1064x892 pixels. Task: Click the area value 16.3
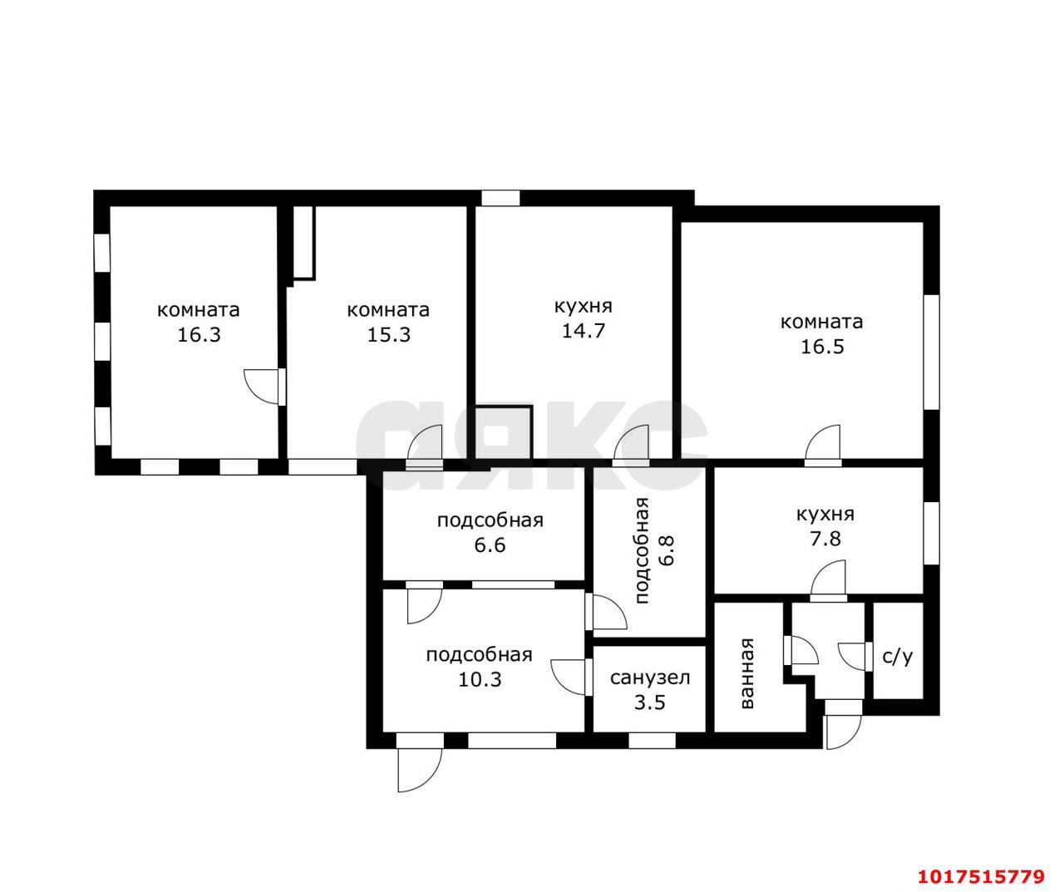pyautogui.click(x=199, y=335)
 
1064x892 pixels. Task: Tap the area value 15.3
pyautogui.click(x=389, y=335)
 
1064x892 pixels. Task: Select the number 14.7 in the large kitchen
pyautogui.click(x=583, y=331)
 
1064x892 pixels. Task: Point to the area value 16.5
pyautogui.click(x=822, y=347)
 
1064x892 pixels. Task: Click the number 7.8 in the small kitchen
pyautogui.click(x=825, y=539)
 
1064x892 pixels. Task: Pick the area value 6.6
pyautogui.click(x=490, y=545)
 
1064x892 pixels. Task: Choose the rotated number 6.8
pyautogui.click(x=667, y=550)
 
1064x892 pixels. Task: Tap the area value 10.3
pyautogui.click(x=480, y=679)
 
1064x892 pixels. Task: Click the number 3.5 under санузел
pyautogui.click(x=650, y=702)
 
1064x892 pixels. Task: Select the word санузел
pyautogui.click(x=650, y=678)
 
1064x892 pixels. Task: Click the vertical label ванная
pyautogui.click(x=746, y=673)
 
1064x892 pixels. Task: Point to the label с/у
pyautogui.click(x=898, y=658)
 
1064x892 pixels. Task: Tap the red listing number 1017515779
pyautogui.click(x=981, y=862)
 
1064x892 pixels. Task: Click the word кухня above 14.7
pyautogui.click(x=583, y=307)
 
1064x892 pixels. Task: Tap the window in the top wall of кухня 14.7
pyautogui.click(x=500, y=198)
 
